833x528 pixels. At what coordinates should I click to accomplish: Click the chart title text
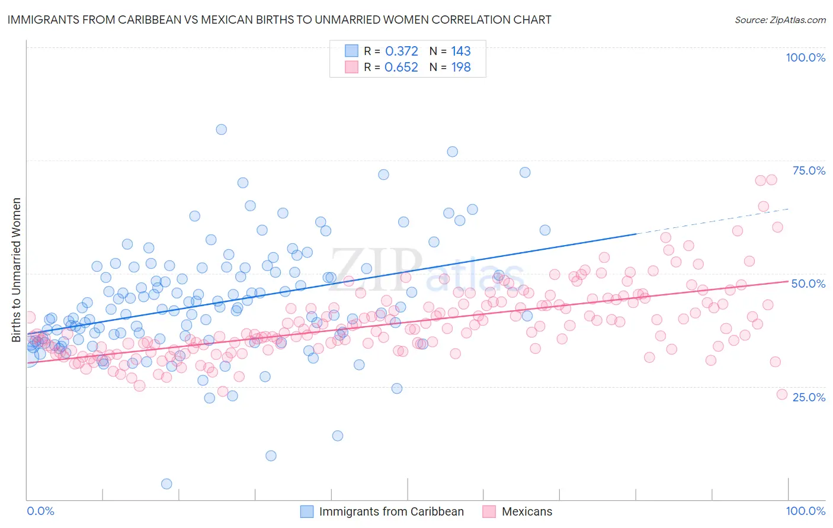tap(279, 20)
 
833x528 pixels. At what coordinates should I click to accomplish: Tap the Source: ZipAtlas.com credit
tap(780, 20)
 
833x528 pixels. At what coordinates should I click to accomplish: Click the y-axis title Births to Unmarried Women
tap(17, 270)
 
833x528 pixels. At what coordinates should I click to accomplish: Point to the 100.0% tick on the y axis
tap(805, 57)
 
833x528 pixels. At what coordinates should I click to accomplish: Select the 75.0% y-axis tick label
tap(809, 170)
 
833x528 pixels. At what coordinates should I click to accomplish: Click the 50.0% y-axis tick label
tap(808, 284)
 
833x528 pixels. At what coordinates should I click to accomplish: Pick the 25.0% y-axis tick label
tap(809, 397)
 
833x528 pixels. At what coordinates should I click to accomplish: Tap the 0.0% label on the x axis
tap(40, 511)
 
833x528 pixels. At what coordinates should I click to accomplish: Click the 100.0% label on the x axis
tap(805, 511)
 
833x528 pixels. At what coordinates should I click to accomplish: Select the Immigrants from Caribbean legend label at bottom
tap(391, 511)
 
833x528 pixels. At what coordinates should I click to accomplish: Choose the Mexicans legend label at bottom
tap(527, 511)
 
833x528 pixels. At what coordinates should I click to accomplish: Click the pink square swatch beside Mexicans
tap(489, 511)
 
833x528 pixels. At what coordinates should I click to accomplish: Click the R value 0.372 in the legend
tap(402, 51)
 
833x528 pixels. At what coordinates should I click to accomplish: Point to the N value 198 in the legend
tap(461, 67)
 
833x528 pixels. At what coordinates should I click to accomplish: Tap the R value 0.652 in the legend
tap(402, 67)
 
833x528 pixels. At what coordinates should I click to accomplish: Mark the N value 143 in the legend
tap(461, 51)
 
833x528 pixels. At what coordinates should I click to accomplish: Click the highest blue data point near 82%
tap(221, 129)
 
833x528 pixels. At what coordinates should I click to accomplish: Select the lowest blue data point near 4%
tap(166, 484)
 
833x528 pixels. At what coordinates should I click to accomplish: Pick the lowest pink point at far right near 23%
tap(781, 394)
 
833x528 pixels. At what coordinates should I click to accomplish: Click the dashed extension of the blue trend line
tap(711, 221)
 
